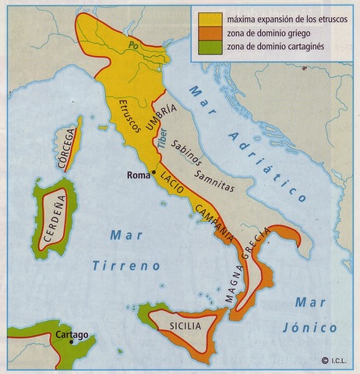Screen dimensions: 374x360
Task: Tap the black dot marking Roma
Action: click(x=154, y=172)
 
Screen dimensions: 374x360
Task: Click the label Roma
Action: click(x=138, y=175)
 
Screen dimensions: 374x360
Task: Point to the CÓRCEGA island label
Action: click(x=68, y=144)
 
